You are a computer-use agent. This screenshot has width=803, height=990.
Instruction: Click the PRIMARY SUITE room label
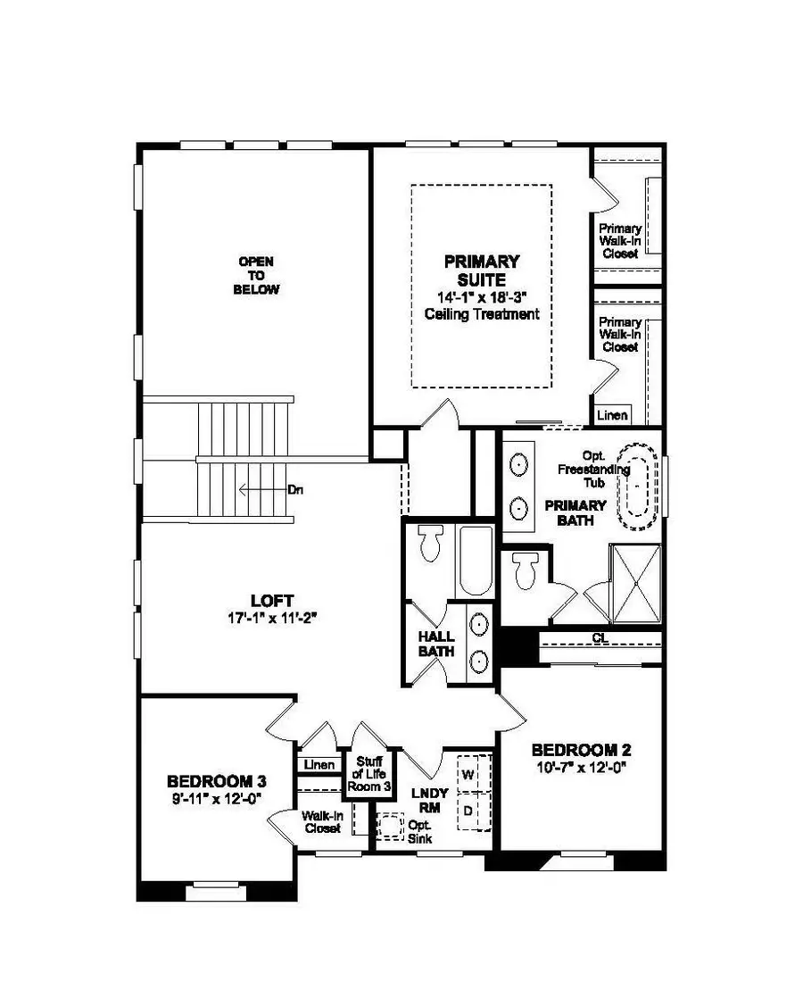pyautogui.click(x=482, y=270)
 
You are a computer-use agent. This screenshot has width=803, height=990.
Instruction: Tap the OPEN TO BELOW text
pyautogui.click(x=257, y=276)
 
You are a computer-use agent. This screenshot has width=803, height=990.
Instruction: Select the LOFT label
pyautogui.click(x=273, y=601)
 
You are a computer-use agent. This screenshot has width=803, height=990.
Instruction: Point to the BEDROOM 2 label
pyautogui.click(x=575, y=749)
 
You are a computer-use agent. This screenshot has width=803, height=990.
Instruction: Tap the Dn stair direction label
pyautogui.click(x=296, y=489)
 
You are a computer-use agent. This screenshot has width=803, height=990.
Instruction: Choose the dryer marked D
pyautogui.click(x=468, y=811)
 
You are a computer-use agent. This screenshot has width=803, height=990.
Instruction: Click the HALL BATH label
pyautogui.click(x=437, y=644)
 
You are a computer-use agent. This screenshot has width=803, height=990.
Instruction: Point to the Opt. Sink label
pyautogui.click(x=418, y=831)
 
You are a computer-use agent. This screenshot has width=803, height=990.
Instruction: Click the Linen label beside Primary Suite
pyautogui.click(x=613, y=415)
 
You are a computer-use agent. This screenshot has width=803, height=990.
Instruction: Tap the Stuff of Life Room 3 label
pyautogui.click(x=369, y=774)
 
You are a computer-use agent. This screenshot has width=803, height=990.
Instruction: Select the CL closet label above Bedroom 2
pyautogui.click(x=600, y=637)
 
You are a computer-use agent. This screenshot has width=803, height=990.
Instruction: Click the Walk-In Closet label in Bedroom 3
pyautogui.click(x=321, y=821)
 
